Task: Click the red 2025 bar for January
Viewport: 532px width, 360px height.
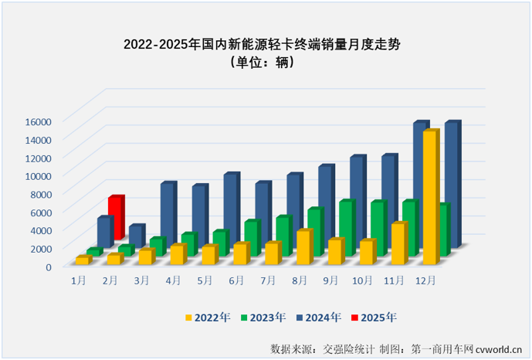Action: [115, 217]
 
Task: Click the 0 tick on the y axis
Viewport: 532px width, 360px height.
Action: [48, 267]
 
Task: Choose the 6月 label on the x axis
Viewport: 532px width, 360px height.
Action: [236, 279]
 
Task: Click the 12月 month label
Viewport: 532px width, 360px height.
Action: [426, 279]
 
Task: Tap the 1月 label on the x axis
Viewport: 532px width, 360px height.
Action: [78, 279]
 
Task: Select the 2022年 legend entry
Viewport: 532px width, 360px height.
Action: [208, 317]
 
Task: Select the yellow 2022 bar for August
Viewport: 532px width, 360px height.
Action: [303, 245]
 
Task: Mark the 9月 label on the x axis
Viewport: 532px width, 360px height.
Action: [331, 279]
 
